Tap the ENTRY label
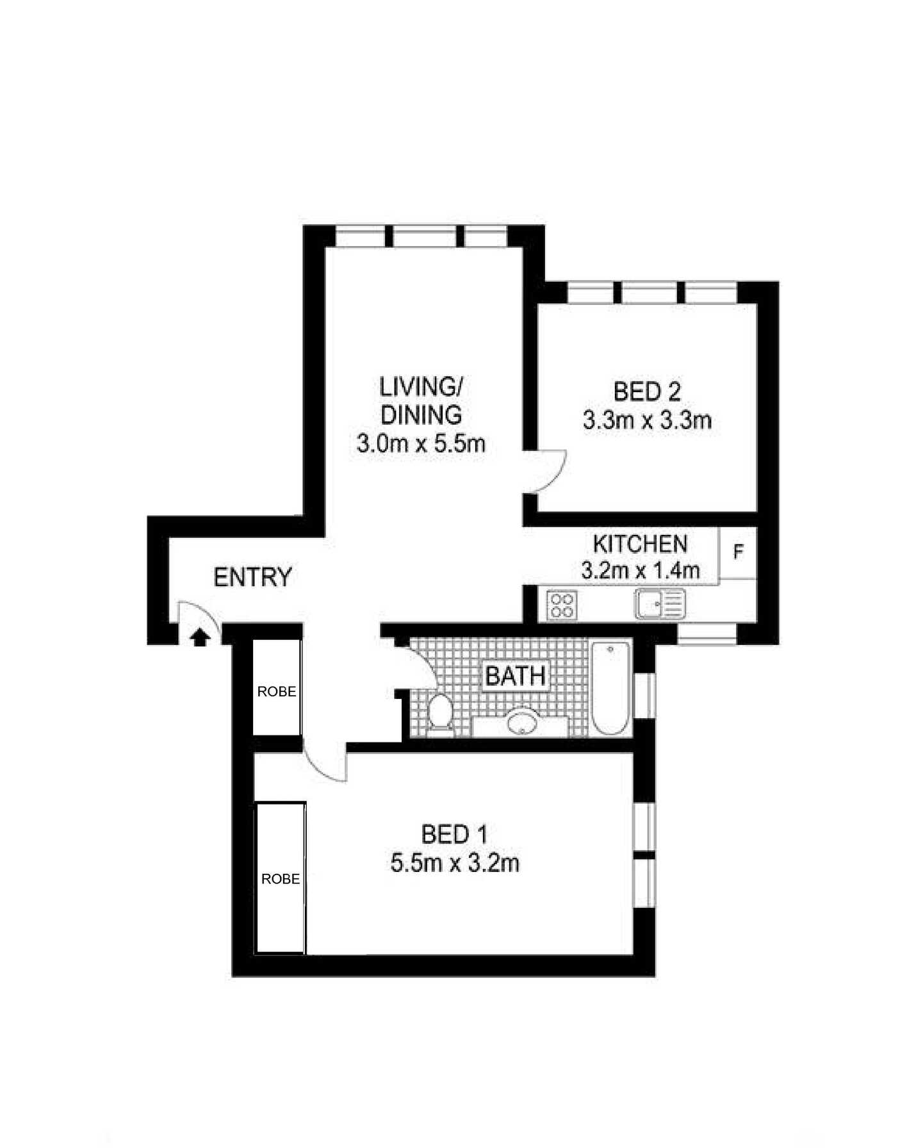coord(252,577)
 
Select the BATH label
coord(515,676)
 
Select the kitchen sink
coord(660,604)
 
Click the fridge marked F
coord(738,552)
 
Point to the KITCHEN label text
coord(640,544)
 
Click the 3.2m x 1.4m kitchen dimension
coord(640,570)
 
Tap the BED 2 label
coord(647,391)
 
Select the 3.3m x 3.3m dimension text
coord(647,420)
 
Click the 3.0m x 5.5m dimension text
coord(421,443)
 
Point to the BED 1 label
coord(454,835)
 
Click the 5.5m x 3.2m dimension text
coord(454,864)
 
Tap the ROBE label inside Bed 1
coord(281,879)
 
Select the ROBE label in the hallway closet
coord(277,692)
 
